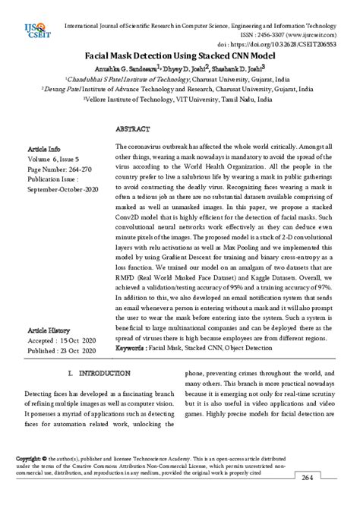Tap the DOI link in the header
click(x=287, y=46)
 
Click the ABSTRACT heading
click(x=136, y=130)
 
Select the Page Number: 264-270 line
click(x=62, y=169)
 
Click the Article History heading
click(x=49, y=331)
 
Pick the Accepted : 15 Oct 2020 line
click(x=62, y=341)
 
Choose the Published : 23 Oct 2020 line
click(x=62, y=351)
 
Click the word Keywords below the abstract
click(x=131, y=347)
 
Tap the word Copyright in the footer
click(x=29, y=459)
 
